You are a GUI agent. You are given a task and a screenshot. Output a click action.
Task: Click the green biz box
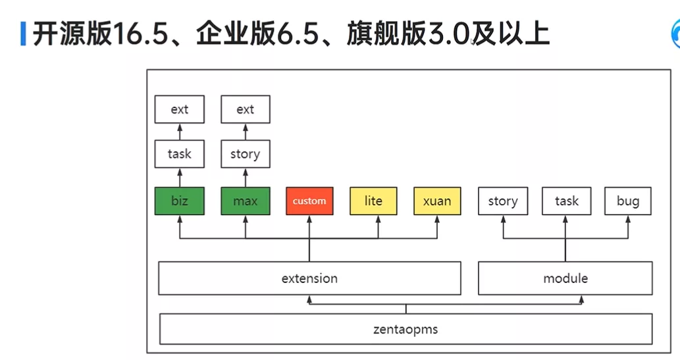[180, 201]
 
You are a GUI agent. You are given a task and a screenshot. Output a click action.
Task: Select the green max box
[246, 201]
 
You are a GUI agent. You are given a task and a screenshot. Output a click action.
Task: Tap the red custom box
[309, 201]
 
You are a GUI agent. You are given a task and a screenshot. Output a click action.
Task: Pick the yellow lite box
[373, 201]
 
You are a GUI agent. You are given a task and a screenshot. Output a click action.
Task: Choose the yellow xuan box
[437, 201]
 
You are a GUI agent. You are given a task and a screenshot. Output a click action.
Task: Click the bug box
[628, 201]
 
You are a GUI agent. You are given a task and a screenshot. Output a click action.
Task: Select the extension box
[309, 278]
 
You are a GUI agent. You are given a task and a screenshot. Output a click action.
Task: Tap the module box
[565, 278]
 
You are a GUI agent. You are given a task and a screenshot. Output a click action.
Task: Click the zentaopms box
[406, 329]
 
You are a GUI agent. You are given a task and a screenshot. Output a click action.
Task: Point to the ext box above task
[180, 109]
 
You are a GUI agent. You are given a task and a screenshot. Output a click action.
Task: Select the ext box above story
[246, 109]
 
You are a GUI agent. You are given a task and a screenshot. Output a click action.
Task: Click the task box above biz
[180, 153]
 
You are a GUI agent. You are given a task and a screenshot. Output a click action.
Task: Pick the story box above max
[246, 153]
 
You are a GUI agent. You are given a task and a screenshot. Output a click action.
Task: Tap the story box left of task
[503, 201]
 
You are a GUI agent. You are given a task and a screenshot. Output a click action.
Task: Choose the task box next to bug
[566, 201]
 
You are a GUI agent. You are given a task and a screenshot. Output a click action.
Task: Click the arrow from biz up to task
[180, 178]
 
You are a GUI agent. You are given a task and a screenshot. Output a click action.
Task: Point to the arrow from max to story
[246, 178]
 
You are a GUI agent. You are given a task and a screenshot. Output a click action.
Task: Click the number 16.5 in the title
[140, 34]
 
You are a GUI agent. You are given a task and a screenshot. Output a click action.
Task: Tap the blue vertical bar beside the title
[23, 34]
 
